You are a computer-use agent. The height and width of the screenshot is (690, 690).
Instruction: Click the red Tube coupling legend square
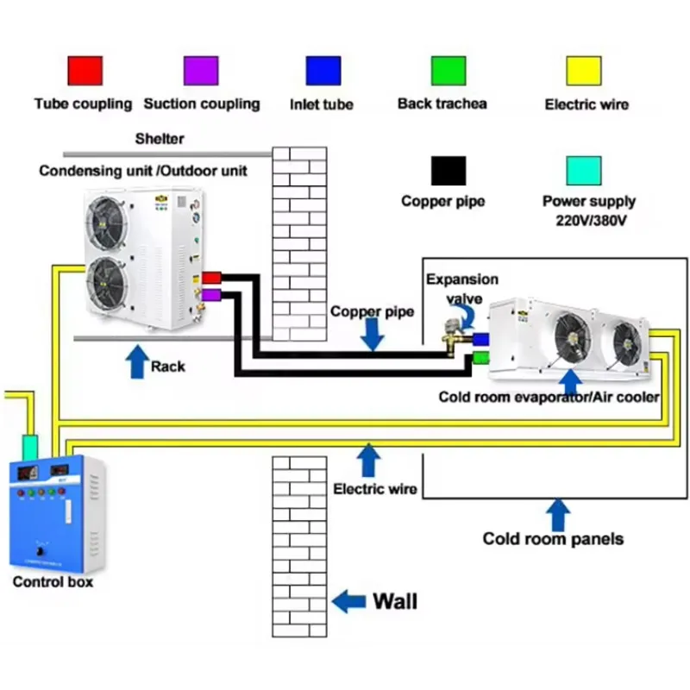click(85, 71)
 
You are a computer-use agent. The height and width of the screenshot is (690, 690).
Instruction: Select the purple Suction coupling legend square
click(201, 71)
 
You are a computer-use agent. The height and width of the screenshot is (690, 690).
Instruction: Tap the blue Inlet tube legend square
click(323, 71)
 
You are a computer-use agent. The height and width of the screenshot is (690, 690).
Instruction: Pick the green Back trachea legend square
click(448, 71)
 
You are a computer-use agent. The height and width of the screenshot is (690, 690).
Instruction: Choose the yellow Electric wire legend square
click(583, 71)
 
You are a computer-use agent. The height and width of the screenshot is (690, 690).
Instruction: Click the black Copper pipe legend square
click(448, 170)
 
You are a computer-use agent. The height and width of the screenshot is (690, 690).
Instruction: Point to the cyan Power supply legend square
click(583, 170)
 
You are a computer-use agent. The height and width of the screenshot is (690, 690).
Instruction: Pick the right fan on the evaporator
click(627, 342)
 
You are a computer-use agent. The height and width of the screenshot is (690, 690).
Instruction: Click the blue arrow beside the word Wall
click(349, 600)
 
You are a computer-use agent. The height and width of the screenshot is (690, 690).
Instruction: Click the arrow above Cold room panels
click(559, 514)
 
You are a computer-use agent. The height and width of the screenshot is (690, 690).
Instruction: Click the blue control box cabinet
click(56, 513)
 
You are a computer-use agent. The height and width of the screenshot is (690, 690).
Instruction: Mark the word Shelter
click(160, 138)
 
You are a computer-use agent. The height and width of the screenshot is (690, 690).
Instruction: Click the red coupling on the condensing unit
click(211, 278)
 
